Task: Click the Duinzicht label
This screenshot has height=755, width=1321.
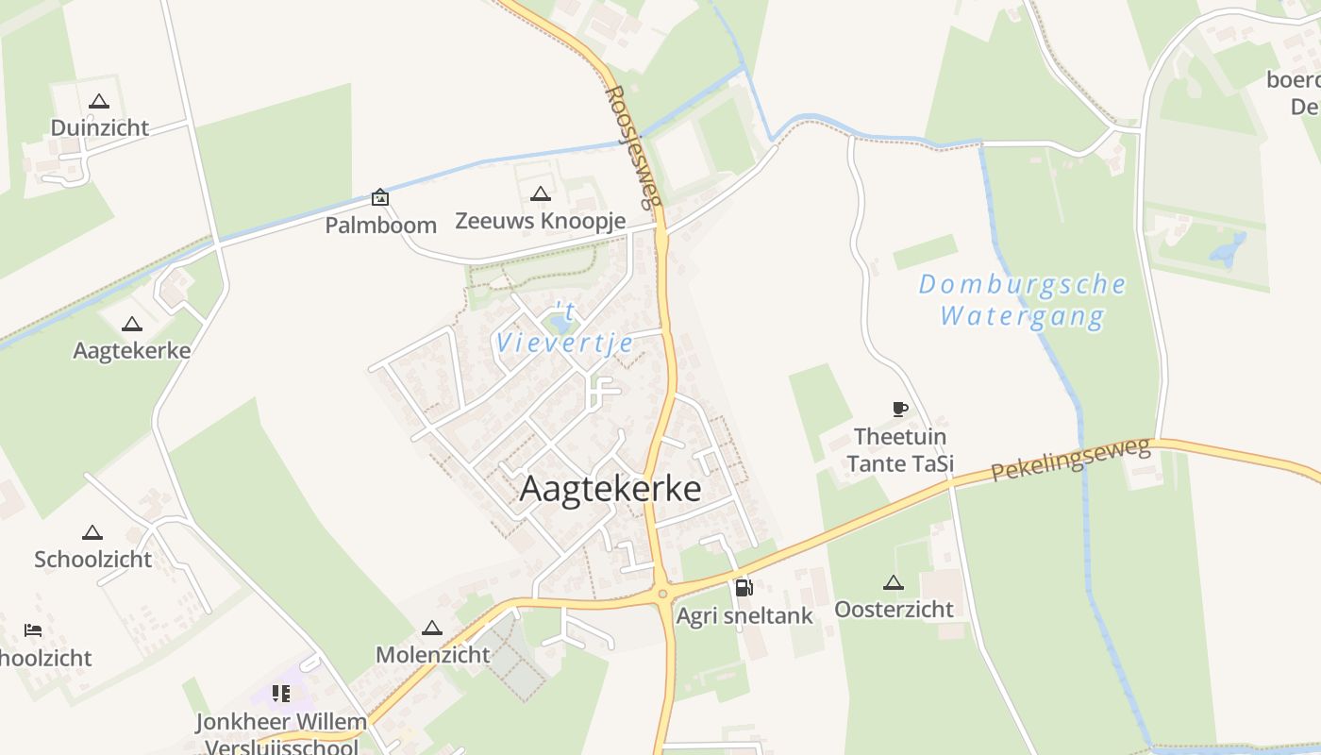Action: [x=100, y=127]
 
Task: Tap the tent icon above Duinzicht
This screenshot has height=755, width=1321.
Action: [x=99, y=101]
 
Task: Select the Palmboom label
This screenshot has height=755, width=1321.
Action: [x=381, y=225]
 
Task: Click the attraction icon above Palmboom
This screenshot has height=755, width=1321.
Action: [x=379, y=196]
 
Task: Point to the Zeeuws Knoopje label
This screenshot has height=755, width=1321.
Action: [x=540, y=221]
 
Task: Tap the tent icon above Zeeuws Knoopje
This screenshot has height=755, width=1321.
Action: [x=540, y=194]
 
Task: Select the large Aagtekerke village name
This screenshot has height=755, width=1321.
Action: [x=610, y=489]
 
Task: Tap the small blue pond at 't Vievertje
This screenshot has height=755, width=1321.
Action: [x=561, y=324]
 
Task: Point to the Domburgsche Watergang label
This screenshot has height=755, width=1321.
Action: [x=1023, y=299]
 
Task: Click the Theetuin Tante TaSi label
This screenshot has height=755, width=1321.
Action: [x=900, y=450]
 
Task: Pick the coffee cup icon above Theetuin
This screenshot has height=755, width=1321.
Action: [x=900, y=409]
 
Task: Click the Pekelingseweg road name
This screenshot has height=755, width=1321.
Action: [x=1072, y=460]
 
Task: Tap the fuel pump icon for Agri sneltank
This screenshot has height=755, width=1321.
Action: [x=744, y=587]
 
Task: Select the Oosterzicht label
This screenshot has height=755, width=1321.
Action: [x=894, y=609]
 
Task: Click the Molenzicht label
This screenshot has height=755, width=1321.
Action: [x=433, y=654]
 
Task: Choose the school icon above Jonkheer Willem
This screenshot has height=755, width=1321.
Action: [x=280, y=695]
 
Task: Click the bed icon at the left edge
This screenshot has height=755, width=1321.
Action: [x=33, y=629]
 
